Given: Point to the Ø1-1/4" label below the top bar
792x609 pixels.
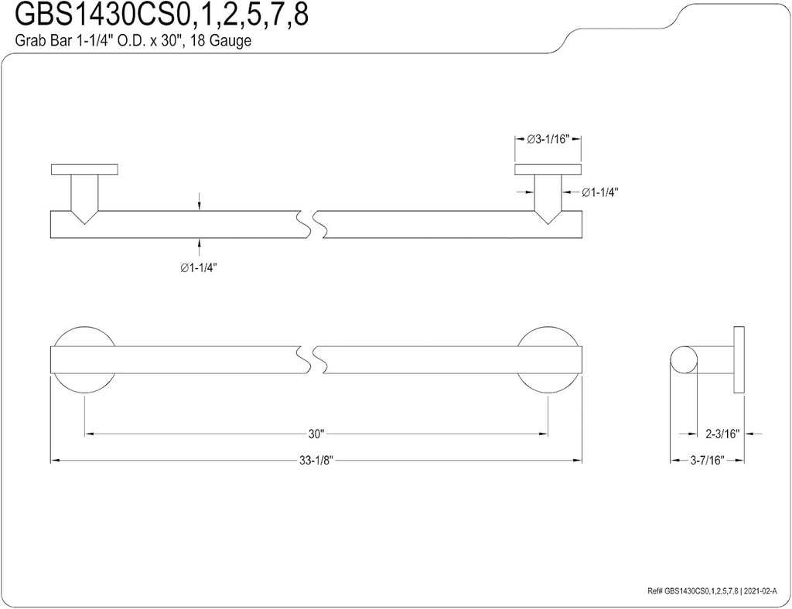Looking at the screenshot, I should (198, 267).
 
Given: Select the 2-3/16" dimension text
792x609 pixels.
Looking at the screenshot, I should (723, 434).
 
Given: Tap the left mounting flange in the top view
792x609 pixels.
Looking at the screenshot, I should (84, 169).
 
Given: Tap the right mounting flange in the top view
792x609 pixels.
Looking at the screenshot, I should (548, 169).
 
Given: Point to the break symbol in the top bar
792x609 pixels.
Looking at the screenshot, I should (309, 223).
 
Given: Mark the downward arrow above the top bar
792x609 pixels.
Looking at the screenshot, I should (200, 202).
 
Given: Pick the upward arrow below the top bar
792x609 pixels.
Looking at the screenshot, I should (200, 244).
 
